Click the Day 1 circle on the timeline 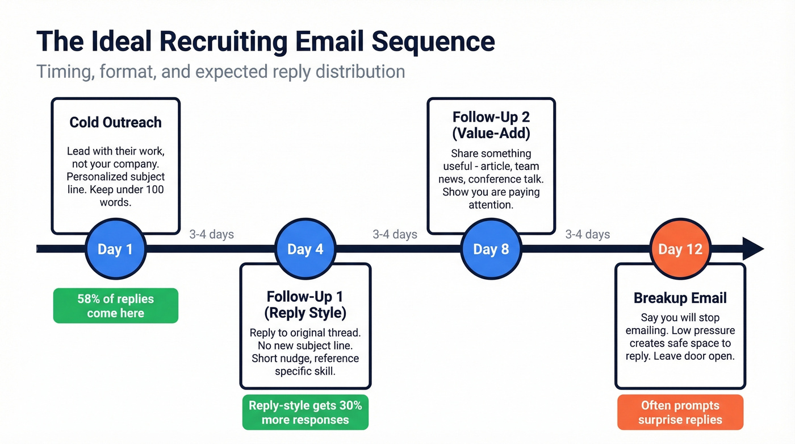click(116, 249)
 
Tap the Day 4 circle click(306, 249)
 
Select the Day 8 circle click(491, 249)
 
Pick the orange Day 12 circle click(680, 249)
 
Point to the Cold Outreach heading click(115, 122)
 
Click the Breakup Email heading click(680, 298)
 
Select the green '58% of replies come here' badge click(115, 306)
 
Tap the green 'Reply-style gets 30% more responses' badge click(306, 413)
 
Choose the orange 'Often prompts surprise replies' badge click(680, 413)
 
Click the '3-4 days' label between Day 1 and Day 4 click(211, 234)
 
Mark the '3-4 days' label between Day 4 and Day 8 click(395, 234)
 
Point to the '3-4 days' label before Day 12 click(588, 234)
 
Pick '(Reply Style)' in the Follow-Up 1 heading click(306, 313)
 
